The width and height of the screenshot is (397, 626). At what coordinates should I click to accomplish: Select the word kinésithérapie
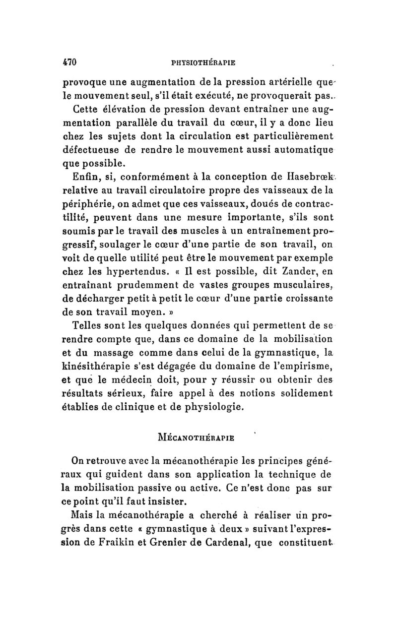(97, 367)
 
